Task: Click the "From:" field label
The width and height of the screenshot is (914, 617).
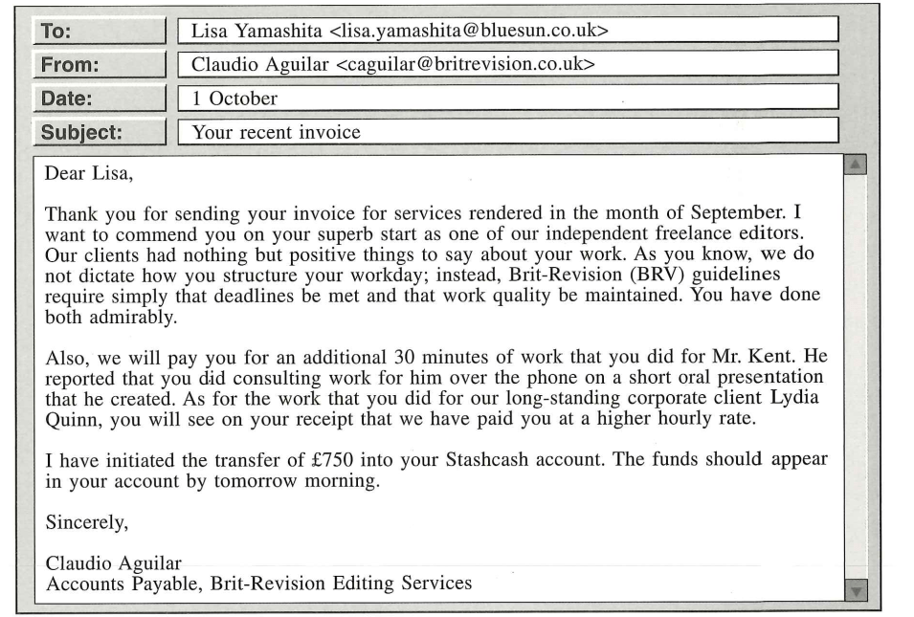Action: pyautogui.click(x=69, y=65)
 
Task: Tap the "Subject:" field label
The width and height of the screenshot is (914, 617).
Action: pyautogui.click(x=78, y=132)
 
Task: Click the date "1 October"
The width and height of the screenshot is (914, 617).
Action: pyautogui.click(x=234, y=99)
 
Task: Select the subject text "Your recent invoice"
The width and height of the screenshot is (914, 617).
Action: pyautogui.click(x=277, y=132)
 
